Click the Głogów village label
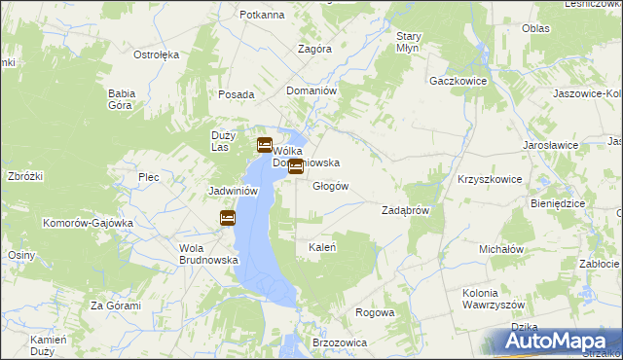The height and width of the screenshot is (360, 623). coord(329,186)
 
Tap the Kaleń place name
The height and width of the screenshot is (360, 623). coord(322,247)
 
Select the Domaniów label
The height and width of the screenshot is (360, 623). coord(311,90)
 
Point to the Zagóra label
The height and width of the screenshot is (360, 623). coord(314,48)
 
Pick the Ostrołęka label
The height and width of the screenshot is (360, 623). coord(156,54)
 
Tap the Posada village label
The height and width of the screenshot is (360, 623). coord(237,94)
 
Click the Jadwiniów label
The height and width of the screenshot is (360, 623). coord(233,192)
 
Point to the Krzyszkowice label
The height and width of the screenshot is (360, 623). coord(490,180)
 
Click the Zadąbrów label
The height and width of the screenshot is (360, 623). coord(406,210)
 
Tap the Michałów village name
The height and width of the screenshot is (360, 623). coord(502,249)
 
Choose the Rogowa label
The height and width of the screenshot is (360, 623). coord(376,312)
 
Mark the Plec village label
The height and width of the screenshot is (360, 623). coord(148,177)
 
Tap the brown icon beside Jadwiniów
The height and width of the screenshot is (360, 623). coord(228,218)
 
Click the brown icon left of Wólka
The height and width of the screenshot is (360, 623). coord(264,146)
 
